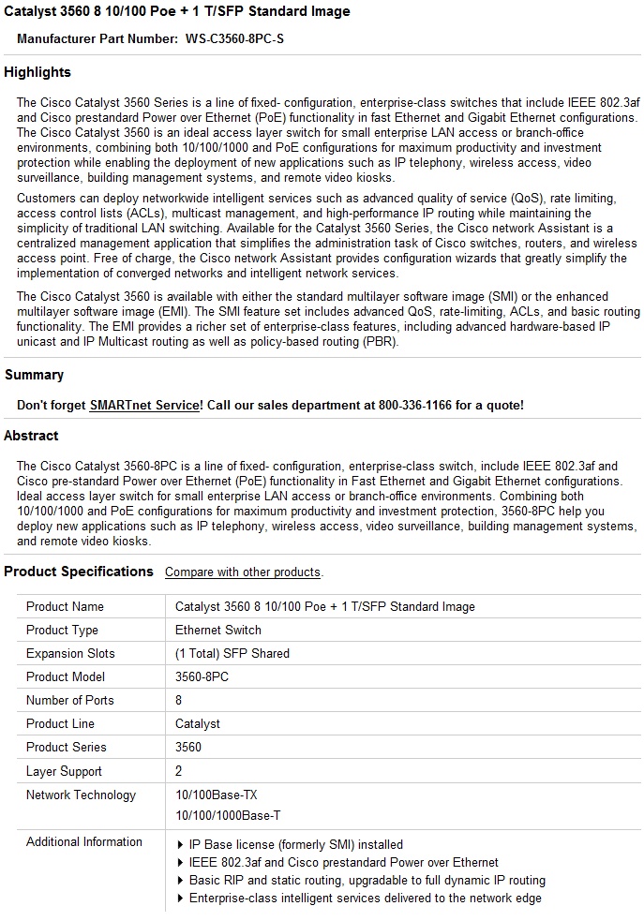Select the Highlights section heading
(x=37, y=72)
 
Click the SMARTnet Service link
(x=145, y=405)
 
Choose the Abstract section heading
(x=31, y=436)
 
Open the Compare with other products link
(x=243, y=572)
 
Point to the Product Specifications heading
(x=79, y=572)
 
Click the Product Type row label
(x=62, y=630)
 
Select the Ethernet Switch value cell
(x=218, y=630)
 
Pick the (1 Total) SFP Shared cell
(x=232, y=653)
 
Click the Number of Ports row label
(x=70, y=700)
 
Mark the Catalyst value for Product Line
(x=198, y=723)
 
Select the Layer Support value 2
(x=179, y=771)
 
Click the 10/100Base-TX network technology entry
(x=217, y=795)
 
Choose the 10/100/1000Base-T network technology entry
(x=228, y=816)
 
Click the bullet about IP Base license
(x=295, y=844)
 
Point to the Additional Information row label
(x=84, y=841)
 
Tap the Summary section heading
(x=34, y=375)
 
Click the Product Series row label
(x=67, y=747)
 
